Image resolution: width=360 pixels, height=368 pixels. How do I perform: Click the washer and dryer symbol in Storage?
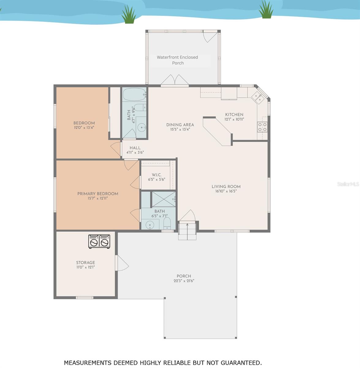(x=99, y=241)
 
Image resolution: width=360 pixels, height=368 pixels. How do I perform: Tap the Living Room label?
(x=226, y=186)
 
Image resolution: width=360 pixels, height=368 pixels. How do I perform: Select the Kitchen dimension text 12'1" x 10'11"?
(x=234, y=120)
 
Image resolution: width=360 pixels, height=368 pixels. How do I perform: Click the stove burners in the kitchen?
(x=262, y=127)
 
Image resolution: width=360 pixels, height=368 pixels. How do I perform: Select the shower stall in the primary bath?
(x=164, y=199)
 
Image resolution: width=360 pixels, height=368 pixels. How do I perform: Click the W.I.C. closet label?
(x=157, y=175)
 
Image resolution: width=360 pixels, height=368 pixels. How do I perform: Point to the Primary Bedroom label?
(x=97, y=194)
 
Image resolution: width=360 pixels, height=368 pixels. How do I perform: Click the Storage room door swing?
(x=122, y=263)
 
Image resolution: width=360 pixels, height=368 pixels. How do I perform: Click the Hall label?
(x=135, y=148)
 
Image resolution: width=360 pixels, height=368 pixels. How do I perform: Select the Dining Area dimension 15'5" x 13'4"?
(x=180, y=129)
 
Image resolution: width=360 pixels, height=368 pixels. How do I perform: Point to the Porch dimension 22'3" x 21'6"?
(x=184, y=281)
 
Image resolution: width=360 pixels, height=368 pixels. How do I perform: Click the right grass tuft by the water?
(x=266, y=10)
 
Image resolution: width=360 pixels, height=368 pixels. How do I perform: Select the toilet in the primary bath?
(x=167, y=224)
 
